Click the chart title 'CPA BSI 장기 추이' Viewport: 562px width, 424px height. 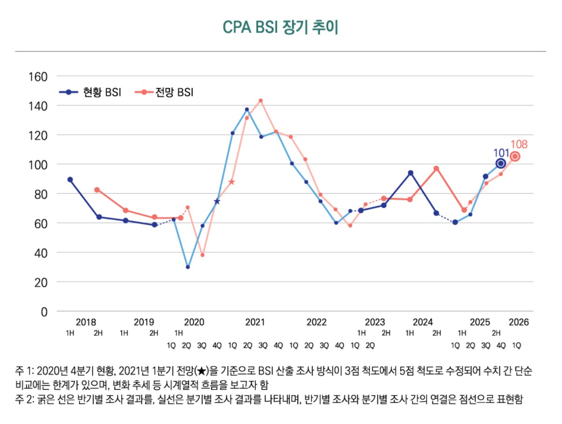281,27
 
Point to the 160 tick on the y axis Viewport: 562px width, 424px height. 39,76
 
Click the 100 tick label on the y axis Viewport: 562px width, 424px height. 39,164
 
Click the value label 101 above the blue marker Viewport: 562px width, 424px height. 501,153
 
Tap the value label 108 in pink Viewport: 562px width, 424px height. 518,145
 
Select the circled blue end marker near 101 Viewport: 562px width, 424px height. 500,163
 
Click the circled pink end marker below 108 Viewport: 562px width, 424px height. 515,157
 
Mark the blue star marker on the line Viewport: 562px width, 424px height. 217,201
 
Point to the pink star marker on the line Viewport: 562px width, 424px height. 231,182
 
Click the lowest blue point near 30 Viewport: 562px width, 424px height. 188,267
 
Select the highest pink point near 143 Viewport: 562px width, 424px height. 261,100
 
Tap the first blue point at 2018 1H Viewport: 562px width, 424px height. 70,179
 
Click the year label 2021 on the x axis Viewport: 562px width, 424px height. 255,322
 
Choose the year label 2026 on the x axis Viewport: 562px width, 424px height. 518,322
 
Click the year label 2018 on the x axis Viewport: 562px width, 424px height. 86,322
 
